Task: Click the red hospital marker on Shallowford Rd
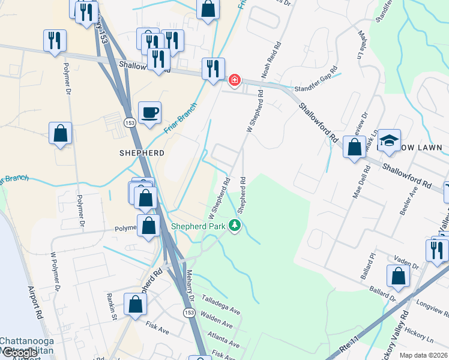(x=235, y=79)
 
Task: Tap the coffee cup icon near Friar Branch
(x=149, y=112)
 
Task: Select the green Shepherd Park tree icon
(x=235, y=226)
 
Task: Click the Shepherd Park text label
(x=198, y=226)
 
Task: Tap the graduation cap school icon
(x=389, y=140)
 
